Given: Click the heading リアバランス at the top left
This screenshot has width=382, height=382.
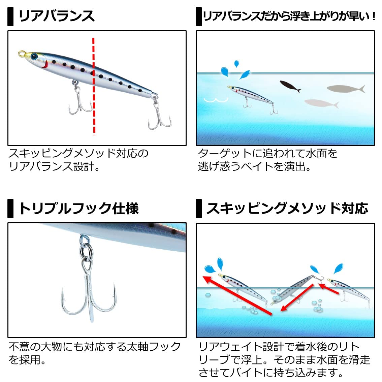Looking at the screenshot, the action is [x=56, y=16].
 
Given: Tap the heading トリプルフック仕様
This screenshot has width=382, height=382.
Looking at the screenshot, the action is [x=79, y=209].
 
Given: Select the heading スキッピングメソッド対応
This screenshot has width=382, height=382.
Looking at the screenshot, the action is [x=287, y=209].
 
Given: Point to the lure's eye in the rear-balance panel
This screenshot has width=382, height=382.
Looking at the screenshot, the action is [x=34, y=57].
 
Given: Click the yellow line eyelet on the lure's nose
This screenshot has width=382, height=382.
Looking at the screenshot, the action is [x=22, y=54].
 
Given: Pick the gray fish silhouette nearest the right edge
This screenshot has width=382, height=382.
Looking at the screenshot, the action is [x=346, y=89].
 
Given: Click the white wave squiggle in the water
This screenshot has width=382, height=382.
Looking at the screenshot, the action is [x=216, y=100].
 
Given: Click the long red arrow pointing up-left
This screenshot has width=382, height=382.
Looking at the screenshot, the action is [x=237, y=295].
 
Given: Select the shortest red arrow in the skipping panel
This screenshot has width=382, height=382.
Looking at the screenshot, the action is [x=329, y=288].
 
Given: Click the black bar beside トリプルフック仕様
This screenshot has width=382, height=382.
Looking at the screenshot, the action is [x=10, y=209].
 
